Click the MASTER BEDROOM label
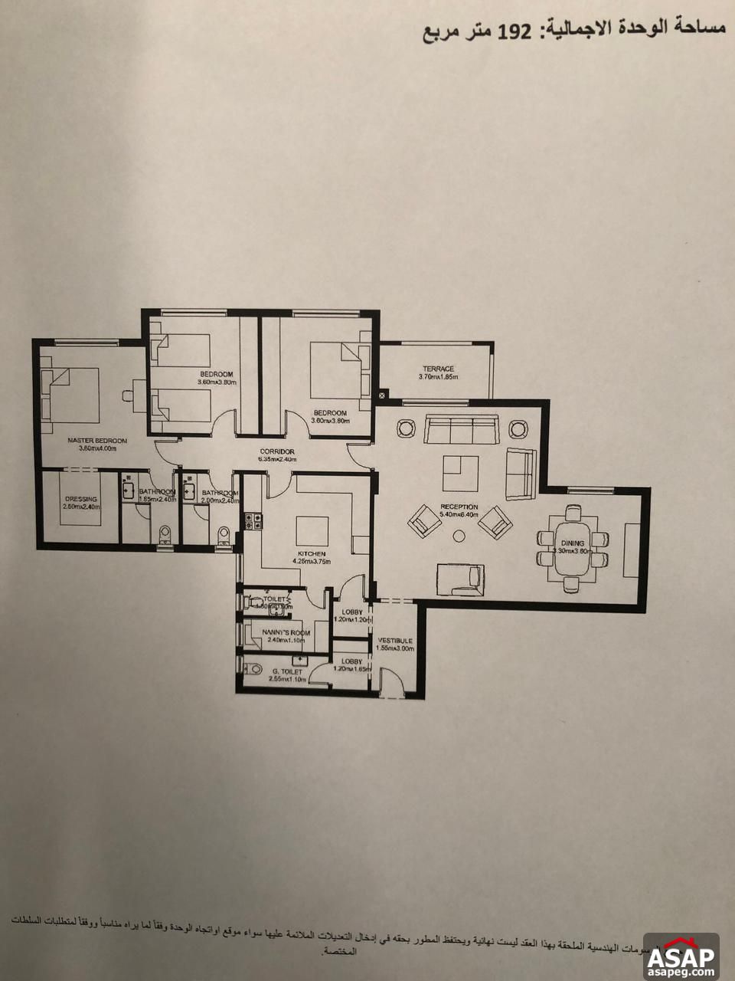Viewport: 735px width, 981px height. pyautogui.click(x=96, y=441)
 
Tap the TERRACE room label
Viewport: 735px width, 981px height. pyautogui.click(x=437, y=369)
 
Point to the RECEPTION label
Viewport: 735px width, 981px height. pyautogui.click(x=459, y=507)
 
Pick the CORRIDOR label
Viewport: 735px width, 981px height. pyautogui.click(x=277, y=451)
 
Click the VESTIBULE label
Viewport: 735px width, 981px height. pyautogui.click(x=395, y=640)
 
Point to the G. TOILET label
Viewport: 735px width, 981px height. pyautogui.click(x=287, y=671)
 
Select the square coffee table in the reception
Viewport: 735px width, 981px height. pyautogui.click(x=461, y=474)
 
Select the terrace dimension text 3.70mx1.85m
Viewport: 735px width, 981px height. pyautogui.click(x=437, y=377)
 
